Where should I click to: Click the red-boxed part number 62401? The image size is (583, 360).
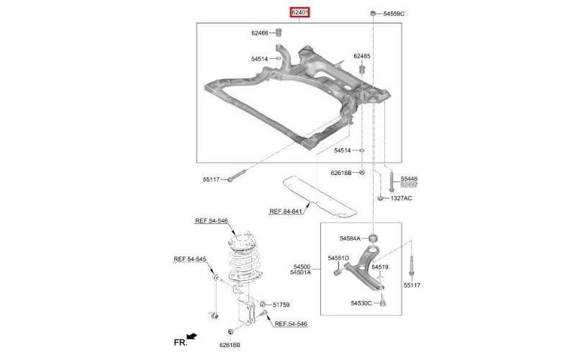(x=299, y=13)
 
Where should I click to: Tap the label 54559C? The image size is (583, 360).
(x=394, y=14)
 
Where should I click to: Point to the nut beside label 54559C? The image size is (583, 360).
(x=373, y=14)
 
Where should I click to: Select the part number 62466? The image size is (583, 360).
(x=260, y=32)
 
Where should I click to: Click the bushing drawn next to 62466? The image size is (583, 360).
(x=279, y=32)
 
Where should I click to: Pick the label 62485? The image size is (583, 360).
(x=362, y=56)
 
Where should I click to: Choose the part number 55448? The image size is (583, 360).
(x=409, y=179)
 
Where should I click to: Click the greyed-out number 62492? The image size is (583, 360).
(x=409, y=184)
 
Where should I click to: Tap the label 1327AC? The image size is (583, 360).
(x=401, y=198)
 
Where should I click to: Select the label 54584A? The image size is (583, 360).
(x=350, y=238)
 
